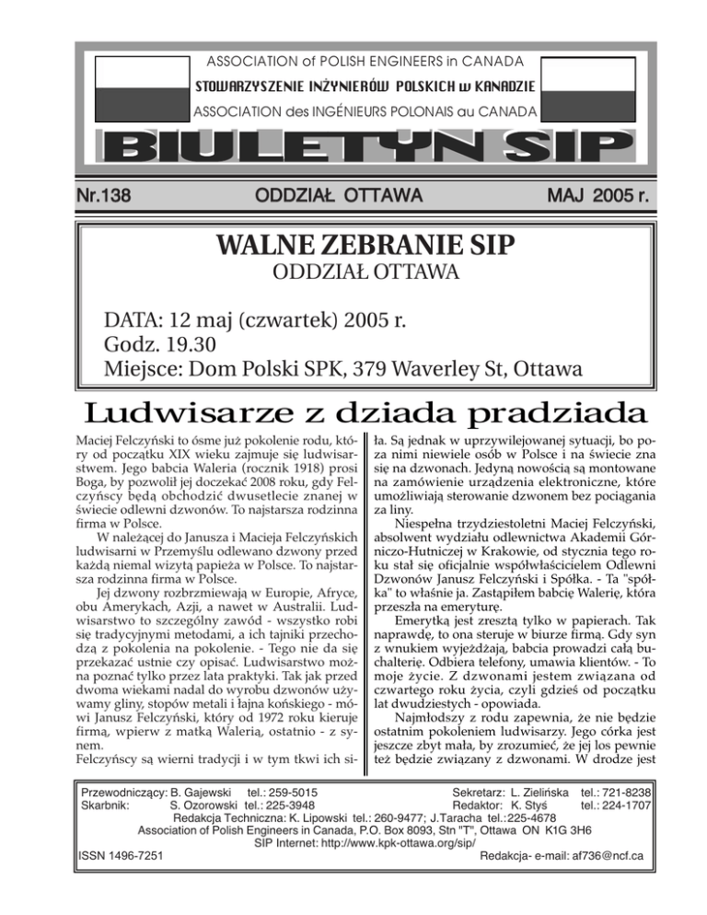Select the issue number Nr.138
[107, 195]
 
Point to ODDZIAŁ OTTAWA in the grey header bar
[338, 195]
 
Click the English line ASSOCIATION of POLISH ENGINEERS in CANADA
[353, 62]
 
